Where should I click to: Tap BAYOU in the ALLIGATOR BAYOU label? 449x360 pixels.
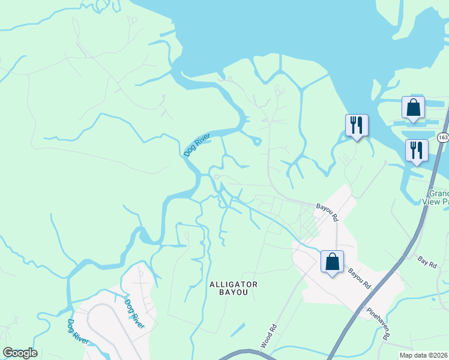[234, 294]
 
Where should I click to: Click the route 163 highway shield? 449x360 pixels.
[442, 137]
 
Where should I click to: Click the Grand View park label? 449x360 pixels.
[439, 198]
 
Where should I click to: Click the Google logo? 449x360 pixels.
[20, 353]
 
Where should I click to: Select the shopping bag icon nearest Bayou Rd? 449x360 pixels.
[332, 262]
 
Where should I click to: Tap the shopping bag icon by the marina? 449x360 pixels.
[413, 108]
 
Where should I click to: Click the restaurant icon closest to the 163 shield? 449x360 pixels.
[416, 150]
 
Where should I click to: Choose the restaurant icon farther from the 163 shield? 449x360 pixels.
[357, 125]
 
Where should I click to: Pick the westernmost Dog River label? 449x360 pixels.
[79, 332]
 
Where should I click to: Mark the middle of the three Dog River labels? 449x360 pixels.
[134, 313]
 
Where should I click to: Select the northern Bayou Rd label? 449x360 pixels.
[328, 211]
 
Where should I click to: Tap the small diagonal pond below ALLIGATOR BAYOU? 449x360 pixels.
[237, 329]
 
